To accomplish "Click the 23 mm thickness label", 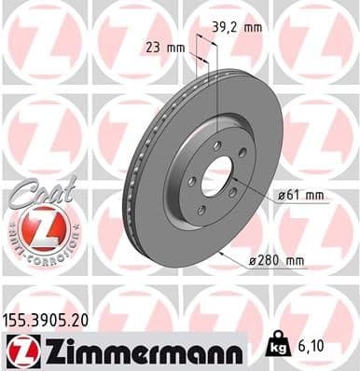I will coord(164,46).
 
